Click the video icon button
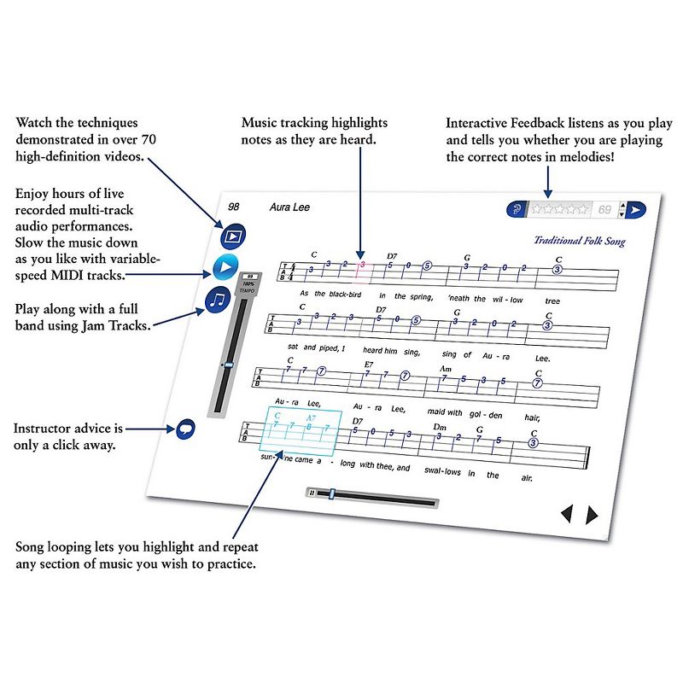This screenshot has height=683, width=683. (232, 236)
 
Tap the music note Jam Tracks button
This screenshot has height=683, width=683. (219, 299)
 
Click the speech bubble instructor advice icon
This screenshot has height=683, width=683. (184, 430)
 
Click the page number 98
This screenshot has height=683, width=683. (235, 207)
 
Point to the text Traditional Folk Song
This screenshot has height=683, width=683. (579, 241)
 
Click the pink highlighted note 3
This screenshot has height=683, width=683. (362, 265)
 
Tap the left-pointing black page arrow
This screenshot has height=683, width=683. (566, 514)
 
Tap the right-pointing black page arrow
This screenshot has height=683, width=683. (592, 515)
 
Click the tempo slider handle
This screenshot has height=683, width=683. (226, 365)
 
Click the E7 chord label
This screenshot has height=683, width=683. (369, 364)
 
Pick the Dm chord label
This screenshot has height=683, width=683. (441, 426)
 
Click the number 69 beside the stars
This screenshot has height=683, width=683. (604, 209)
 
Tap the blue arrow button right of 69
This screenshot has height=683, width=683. (637, 210)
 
